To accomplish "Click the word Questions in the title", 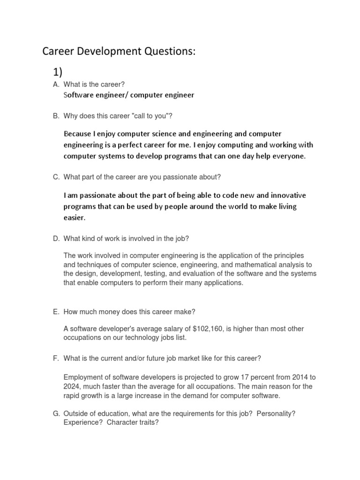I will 165,52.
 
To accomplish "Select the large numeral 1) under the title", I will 57,71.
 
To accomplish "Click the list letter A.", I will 56,84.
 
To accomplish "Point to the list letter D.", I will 56,239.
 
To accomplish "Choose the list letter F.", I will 56,358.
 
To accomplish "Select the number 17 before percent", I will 240,377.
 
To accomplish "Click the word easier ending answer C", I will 75,218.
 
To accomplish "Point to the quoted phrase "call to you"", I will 154,115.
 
